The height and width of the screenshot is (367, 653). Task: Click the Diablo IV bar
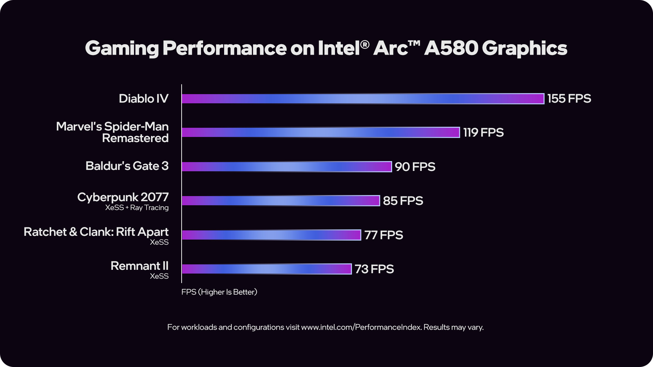point(363,99)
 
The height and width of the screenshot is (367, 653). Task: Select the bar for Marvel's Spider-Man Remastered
point(321,132)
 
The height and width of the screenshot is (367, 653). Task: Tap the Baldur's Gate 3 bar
point(287,167)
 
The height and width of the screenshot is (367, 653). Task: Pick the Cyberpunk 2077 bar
point(281,200)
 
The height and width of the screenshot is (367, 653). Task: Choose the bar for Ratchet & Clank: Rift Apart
point(271,235)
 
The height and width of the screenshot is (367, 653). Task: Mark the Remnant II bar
point(267,269)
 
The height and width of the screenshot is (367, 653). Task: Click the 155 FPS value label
point(569,99)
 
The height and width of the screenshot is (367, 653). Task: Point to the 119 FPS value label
point(483,132)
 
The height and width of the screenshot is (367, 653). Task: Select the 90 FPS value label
point(415,167)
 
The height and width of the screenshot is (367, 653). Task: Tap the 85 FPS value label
point(403,200)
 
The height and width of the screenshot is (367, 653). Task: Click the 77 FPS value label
point(384,235)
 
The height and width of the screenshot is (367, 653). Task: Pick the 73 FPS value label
point(374,269)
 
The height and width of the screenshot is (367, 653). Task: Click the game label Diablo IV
point(144,99)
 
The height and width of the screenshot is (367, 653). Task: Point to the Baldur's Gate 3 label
point(127,166)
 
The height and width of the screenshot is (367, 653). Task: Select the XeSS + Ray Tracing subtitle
point(137,208)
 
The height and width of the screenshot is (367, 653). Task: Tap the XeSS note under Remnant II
point(159,276)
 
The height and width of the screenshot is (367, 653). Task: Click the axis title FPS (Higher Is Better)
point(219,292)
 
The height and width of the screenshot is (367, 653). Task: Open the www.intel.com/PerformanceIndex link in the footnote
point(361,327)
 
